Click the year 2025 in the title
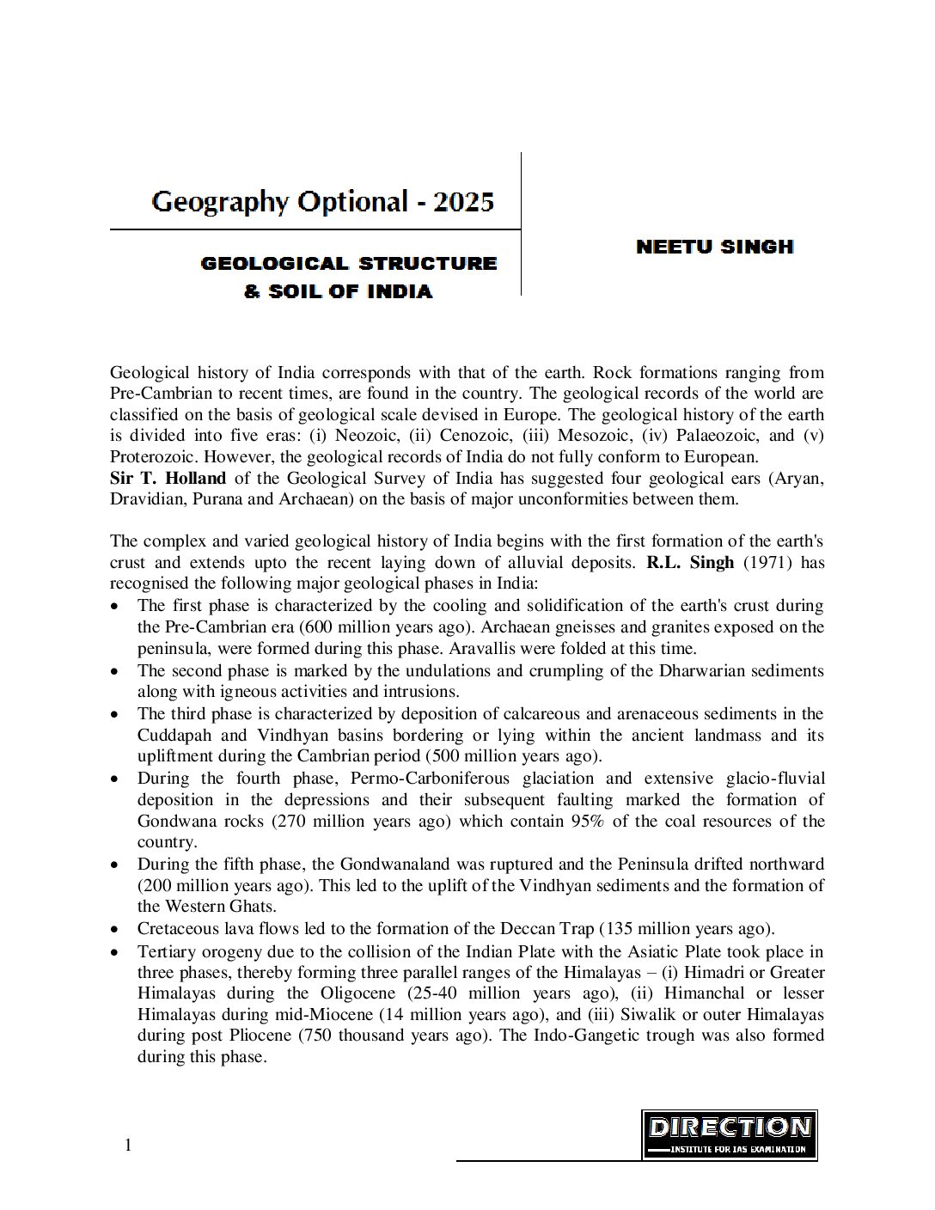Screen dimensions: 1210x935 point(464,203)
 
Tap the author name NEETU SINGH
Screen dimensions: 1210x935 point(714,247)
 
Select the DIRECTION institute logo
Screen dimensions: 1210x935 point(729,1134)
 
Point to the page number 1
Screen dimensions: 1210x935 point(128,1145)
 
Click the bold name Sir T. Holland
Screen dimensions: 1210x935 point(168,478)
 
